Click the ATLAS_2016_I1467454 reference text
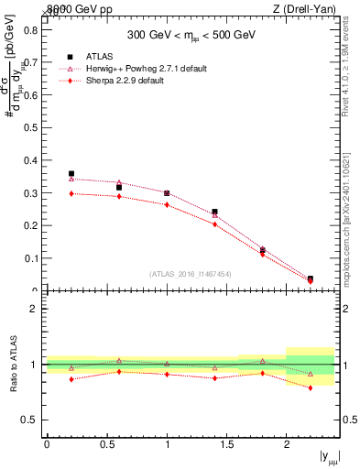(x=191, y=273)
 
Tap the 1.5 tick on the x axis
(x=227, y=444)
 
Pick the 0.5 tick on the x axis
(x=107, y=444)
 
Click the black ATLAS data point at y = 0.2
(x=71, y=173)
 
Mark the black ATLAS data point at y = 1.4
(x=215, y=212)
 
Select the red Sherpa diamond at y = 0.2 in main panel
(x=71, y=193)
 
